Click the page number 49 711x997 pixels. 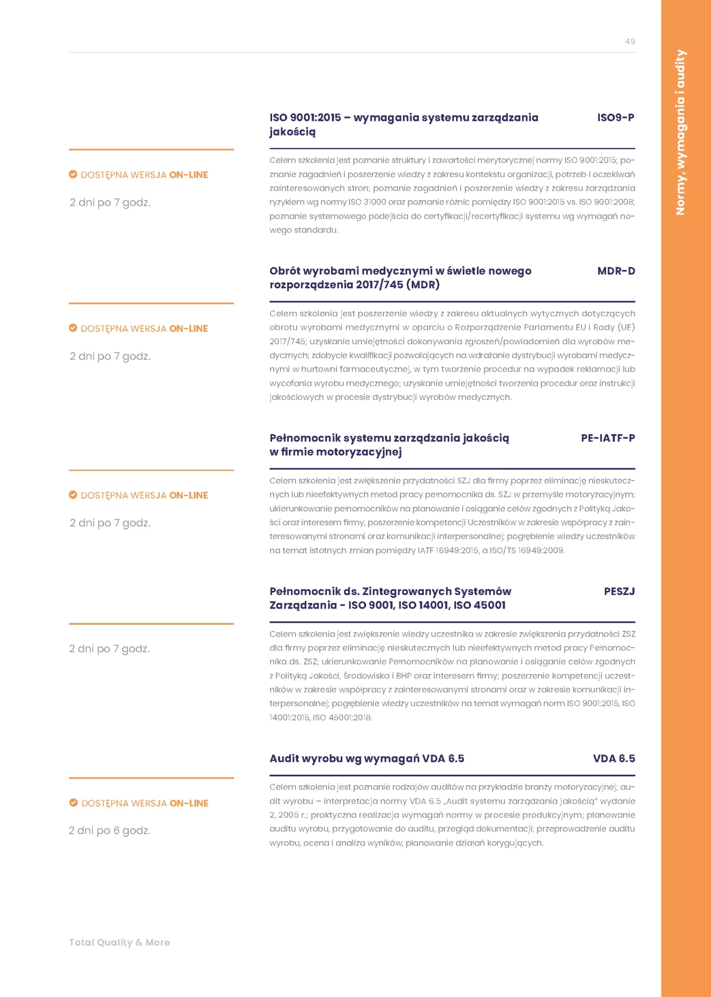click(629, 42)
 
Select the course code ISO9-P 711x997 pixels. click(615, 118)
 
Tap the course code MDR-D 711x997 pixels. click(616, 271)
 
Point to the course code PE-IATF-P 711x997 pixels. click(608, 438)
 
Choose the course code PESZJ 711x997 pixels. click(619, 591)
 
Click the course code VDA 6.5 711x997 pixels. click(614, 759)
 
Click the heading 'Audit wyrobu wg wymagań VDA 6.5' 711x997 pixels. click(367, 759)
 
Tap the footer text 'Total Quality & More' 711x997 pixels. click(119, 942)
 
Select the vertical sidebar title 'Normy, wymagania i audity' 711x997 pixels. click(680, 132)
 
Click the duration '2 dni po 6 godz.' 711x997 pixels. click(109, 831)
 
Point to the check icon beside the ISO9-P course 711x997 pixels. click(73, 174)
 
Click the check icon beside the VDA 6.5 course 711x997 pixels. click(74, 803)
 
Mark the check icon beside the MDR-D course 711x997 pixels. click(73, 328)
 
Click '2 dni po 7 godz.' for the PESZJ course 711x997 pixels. click(109, 649)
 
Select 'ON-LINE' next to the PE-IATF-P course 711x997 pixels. click(189, 495)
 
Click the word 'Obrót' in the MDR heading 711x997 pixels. click(284, 271)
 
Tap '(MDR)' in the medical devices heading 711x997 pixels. click(423, 285)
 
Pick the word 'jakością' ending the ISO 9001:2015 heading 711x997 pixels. click(292, 132)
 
